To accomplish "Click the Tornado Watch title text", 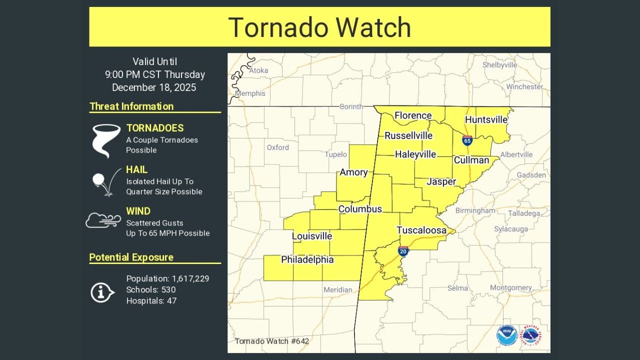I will tap(319, 27).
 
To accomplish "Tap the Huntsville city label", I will tap(486, 119).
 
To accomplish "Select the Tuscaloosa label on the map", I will tap(421, 230).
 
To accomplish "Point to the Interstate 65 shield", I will tap(467, 140).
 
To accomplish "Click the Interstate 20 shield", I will tap(403, 251).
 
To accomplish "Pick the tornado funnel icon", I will tap(106, 140).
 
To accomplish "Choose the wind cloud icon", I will tap(103, 220).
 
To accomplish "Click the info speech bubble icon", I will tap(102, 292).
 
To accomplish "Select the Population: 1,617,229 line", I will tap(167, 278).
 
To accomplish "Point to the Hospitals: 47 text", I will tap(151, 300).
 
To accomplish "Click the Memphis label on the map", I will tap(250, 93).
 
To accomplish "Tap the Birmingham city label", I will tap(475, 210).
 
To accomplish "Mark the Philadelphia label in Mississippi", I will tap(307, 259).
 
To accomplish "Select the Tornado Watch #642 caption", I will tap(271, 341).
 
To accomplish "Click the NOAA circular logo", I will tap(507, 335).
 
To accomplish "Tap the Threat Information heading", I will tap(131, 106).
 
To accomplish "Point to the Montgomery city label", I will tap(510, 287).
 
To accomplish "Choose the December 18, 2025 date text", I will tap(154, 87).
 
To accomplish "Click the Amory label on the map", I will tap(353, 172).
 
